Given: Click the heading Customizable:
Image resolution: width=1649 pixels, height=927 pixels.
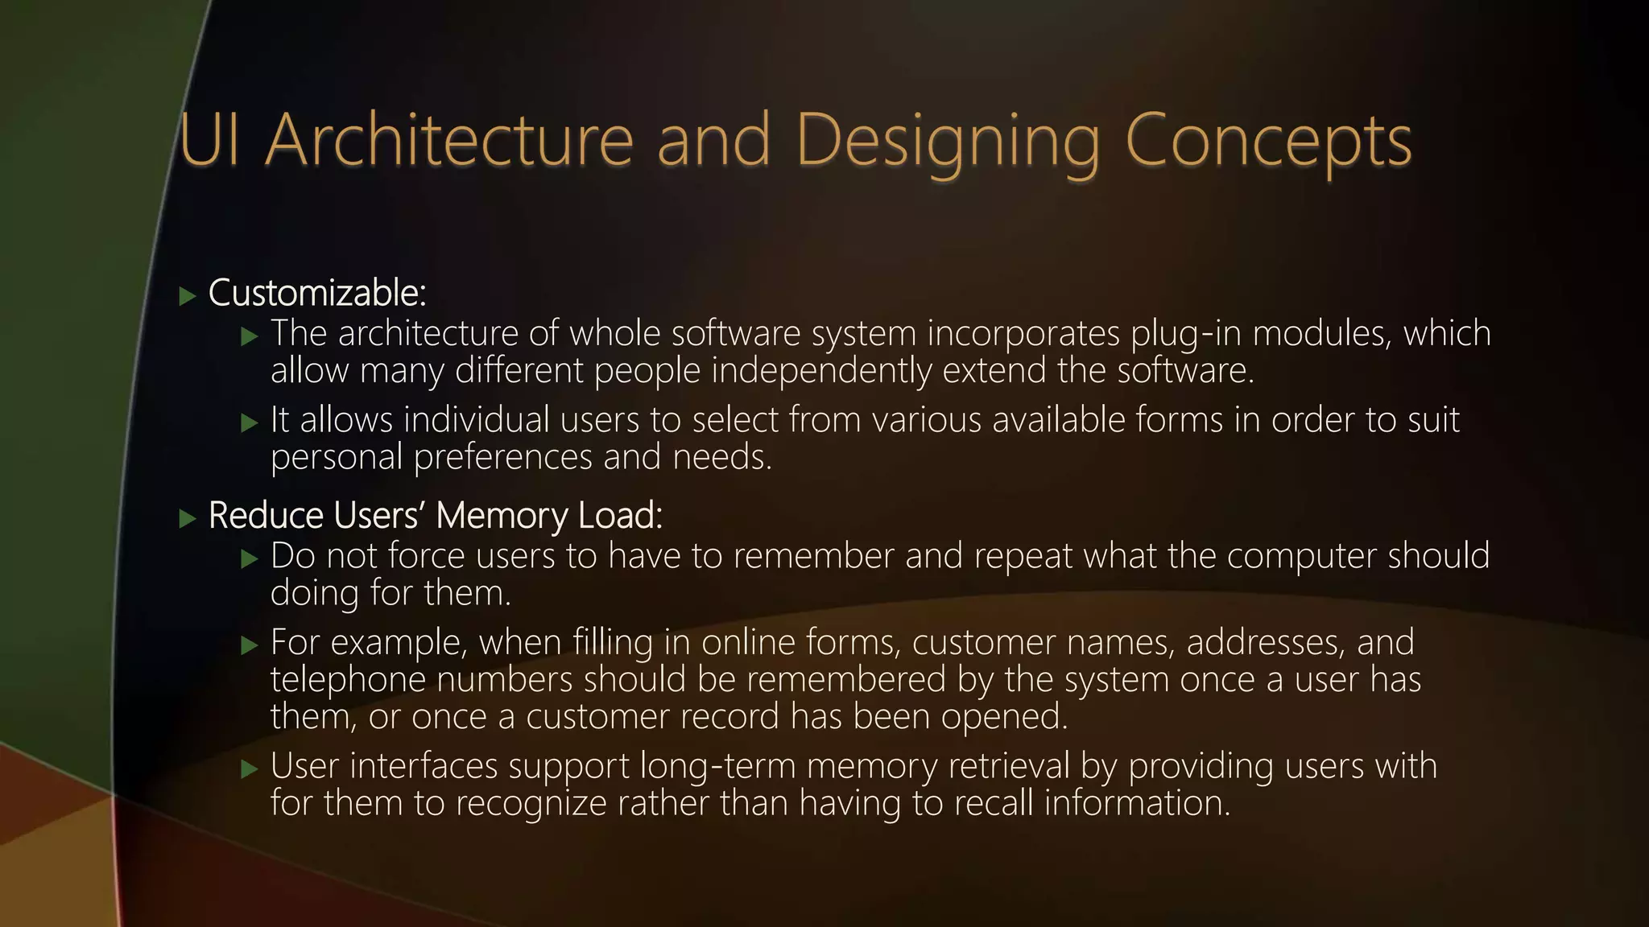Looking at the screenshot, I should click(317, 294).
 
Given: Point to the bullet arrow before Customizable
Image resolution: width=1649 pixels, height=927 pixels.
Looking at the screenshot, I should click(188, 296).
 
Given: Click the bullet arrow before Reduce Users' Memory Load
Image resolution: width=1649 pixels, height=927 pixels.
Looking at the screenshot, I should click(188, 518).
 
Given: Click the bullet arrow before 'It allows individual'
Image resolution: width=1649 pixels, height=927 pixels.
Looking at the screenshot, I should click(250, 422).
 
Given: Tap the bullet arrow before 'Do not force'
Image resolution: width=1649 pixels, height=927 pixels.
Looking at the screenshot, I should click(250, 558).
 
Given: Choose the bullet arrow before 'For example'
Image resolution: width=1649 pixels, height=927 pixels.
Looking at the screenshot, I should click(250, 645).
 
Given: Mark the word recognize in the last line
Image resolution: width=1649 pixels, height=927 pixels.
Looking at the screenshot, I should click(531, 804).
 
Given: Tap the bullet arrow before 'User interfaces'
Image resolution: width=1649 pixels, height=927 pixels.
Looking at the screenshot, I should click(250, 768).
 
